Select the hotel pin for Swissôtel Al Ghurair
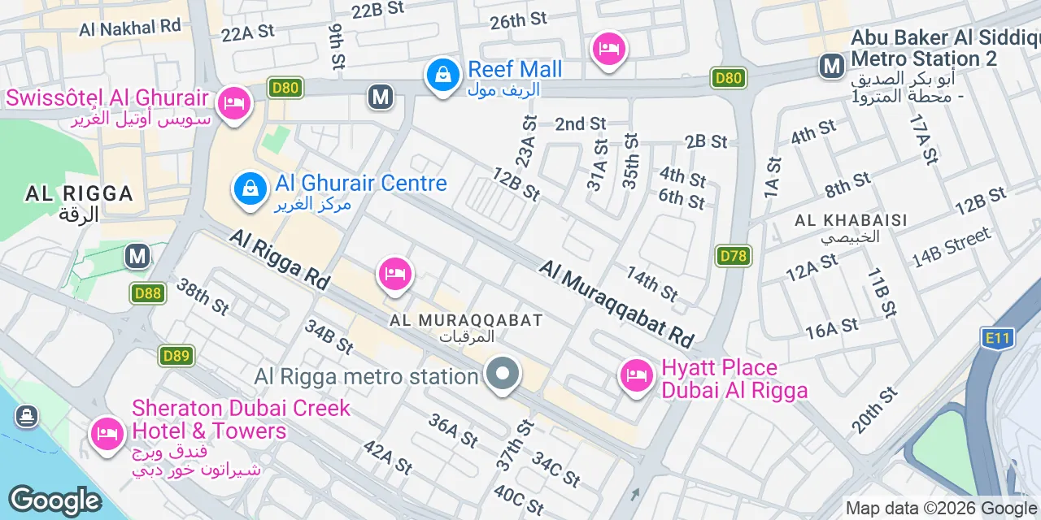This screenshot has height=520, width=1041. (x=234, y=103)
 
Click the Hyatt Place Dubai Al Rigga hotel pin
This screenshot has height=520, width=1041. (x=637, y=376)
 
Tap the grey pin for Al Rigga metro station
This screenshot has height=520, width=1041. (x=503, y=375)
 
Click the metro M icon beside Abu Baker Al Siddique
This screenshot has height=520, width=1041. (x=832, y=66)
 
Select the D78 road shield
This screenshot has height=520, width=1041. (x=734, y=256)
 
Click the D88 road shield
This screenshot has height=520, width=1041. (x=148, y=292)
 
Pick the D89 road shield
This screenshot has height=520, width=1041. (x=176, y=355)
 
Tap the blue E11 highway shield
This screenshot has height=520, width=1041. (x=997, y=337)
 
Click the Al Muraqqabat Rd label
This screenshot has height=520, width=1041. (x=617, y=302)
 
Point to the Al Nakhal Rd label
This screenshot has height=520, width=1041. (x=129, y=28)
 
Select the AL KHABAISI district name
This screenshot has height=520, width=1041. (x=851, y=220)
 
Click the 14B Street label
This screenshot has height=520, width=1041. (x=952, y=247)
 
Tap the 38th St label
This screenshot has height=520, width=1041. (x=203, y=297)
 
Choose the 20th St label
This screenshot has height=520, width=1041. (x=874, y=410)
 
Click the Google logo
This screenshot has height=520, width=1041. (x=54, y=501)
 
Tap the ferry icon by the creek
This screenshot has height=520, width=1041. (x=26, y=417)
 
